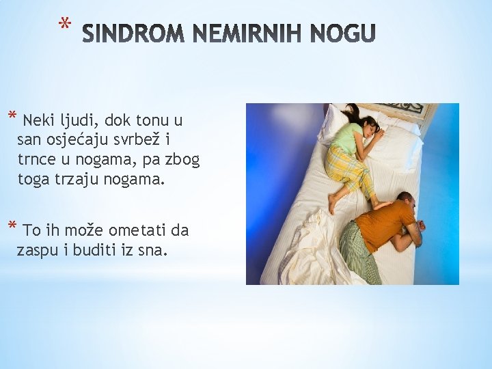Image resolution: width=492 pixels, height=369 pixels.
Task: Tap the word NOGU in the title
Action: pyautogui.click(x=343, y=33)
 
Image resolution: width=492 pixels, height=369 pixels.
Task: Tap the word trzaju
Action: pyautogui.click(x=78, y=180)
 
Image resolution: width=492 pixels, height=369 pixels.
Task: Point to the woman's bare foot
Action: pyautogui.click(x=333, y=203)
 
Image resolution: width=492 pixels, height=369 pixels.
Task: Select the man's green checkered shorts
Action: pyautogui.click(x=359, y=253)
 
